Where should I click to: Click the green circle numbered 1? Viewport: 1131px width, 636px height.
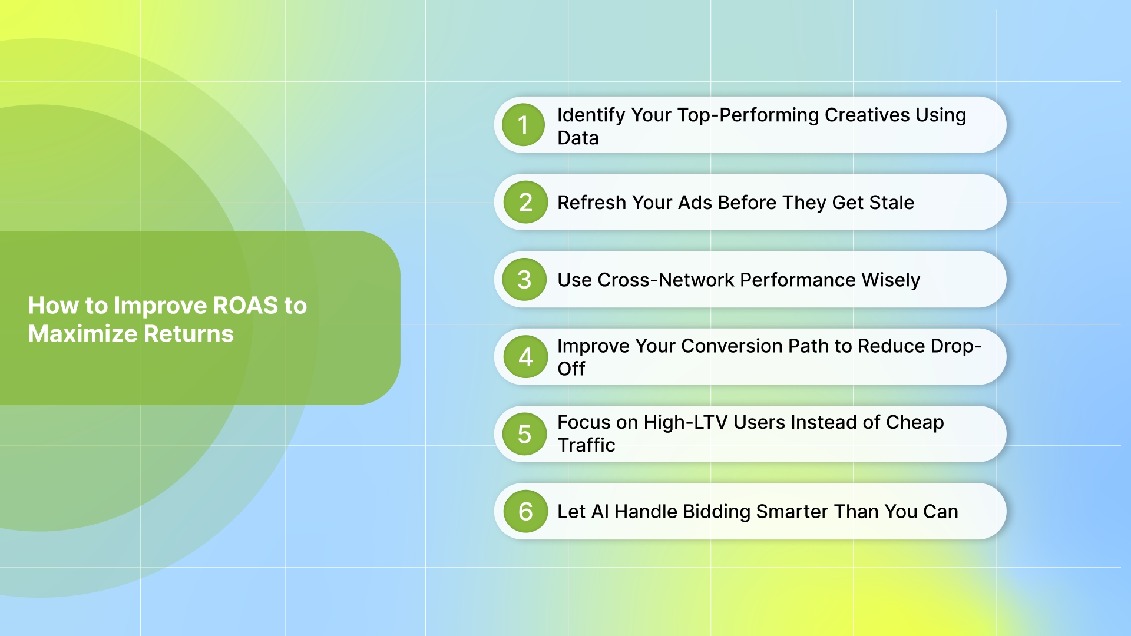pos(523,125)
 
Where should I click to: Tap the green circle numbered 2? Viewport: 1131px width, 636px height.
pos(525,203)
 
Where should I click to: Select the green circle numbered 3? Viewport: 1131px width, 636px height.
pos(524,280)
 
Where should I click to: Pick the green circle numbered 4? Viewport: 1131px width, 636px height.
pos(525,357)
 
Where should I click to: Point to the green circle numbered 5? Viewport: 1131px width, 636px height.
pos(524,435)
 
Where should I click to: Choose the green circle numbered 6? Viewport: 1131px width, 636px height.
pos(525,511)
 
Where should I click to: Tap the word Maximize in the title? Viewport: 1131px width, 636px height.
pos(82,334)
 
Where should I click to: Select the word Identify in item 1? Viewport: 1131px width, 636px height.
pos(591,115)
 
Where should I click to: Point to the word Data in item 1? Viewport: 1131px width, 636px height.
pos(578,138)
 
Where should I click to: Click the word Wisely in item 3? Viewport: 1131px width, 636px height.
pos(890,280)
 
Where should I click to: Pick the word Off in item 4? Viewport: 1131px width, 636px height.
pos(571,369)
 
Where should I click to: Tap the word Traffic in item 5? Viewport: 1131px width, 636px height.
pos(586,445)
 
